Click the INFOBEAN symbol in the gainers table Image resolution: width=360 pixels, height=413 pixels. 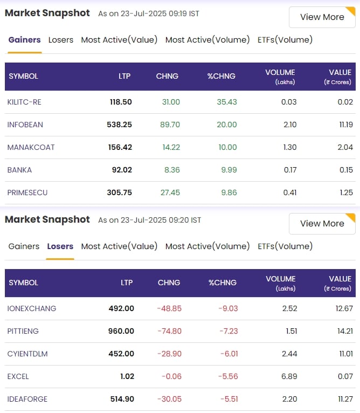pyautogui.click(x=25, y=125)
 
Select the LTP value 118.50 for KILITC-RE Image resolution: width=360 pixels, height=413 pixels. pyautogui.click(x=121, y=102)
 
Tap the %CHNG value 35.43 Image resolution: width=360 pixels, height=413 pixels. pyautogui.click(x=227, y=102)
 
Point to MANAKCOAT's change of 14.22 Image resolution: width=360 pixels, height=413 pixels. pyautogui.click(x=171, y=147)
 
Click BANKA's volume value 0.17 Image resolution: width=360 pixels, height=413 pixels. pyautogui.click(x=290, y=170)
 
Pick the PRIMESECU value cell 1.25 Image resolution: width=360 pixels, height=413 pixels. pyautogui.click(x=346, y=192)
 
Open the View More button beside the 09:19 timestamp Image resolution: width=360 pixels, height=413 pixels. pyautogui.click(x=322, y=17)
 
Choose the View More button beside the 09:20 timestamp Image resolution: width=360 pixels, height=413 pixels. pyautogui.click(x=322, y=224)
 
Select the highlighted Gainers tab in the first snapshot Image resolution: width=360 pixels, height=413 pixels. pyautogui.click(x=24, y=40)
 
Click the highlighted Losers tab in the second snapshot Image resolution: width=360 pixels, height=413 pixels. pyautogui.click(x=60, y=246)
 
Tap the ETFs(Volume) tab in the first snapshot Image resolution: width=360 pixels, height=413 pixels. pyautogui.click(x=285, y=40)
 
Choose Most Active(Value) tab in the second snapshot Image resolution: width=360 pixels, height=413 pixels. pyautogui.click(x=119, y=246)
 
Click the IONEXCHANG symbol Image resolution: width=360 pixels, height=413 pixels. pyautogui.click(x=32, y=308)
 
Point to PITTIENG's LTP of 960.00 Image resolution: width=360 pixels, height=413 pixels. pyautogui.click(x=121, y=331)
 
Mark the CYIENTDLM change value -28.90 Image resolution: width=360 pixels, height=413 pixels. pyautogui.click(x=169, y=354)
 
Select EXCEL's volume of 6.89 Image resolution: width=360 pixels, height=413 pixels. pyautogui.click(x=289, y=376)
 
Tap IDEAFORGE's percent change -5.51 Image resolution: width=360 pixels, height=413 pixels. pyautogui.click(x=229, y=399)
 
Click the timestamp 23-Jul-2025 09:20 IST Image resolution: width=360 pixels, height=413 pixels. pyautogui.click(x=161, y=220)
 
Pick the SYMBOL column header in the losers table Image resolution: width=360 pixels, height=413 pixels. pyautogui.click(x=23, y=283)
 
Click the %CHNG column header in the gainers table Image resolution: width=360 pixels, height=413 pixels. pyautogui.click(x=221, y=77)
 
